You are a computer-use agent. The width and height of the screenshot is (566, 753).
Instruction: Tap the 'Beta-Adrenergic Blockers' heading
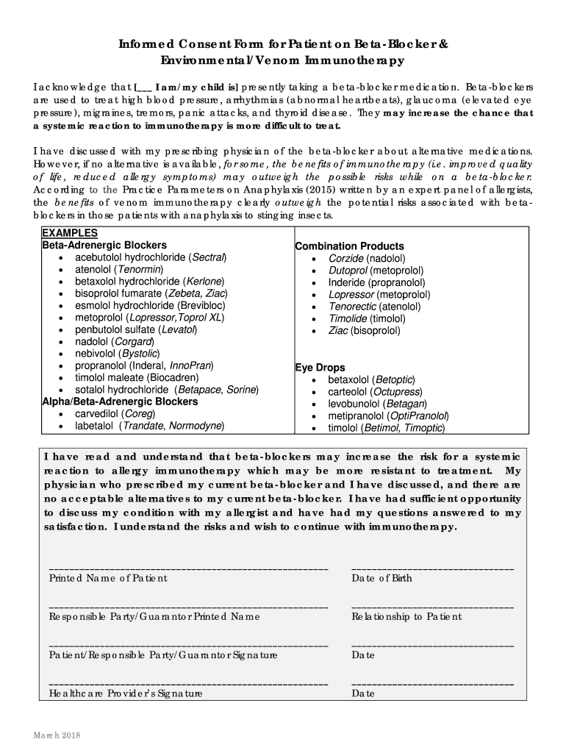click(x=104, y=245)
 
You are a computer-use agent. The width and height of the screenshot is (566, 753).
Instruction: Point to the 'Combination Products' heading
click(x=349, y=246)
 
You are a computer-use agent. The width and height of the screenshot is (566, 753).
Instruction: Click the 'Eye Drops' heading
click(x=320, y=368)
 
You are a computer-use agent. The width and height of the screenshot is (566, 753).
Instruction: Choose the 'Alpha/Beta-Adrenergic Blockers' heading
click(x=120, y=402)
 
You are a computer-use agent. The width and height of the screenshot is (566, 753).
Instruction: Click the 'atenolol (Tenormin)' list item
click(x=118, y=269)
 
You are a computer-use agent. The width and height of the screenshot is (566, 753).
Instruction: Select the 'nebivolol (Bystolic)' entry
click(x=117, y=354)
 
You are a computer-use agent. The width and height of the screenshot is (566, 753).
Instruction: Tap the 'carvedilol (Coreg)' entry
click(x=115, y=413)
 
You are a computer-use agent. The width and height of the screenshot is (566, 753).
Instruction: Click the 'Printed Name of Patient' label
click(x=108, y=578)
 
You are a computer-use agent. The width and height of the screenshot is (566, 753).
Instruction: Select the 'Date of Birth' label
click(x=381, y=578)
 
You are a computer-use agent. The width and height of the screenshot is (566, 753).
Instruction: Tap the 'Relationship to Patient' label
click(x=406, y=616)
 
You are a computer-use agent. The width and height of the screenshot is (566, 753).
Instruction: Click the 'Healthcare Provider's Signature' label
click(x=126, y=693)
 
